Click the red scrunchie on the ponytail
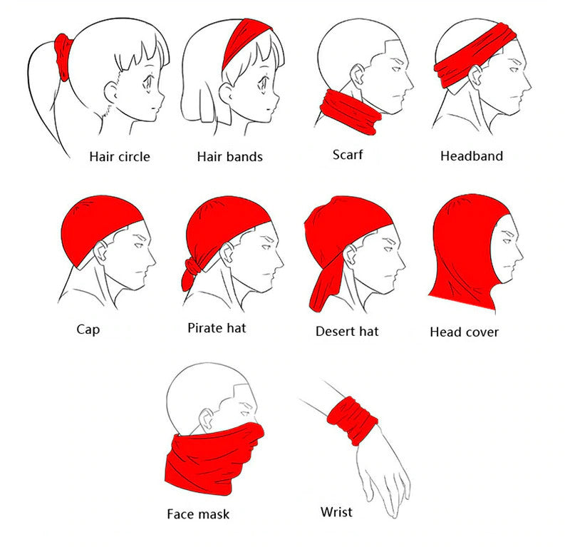[63, 58]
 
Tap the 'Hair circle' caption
[120, 157]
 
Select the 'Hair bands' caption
[229, 157]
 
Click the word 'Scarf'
[348, 155]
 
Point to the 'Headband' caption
[472, 156]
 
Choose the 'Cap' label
[88, 329]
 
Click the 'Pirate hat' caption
[217, 328]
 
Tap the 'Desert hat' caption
[347, 331]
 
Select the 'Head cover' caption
[465, 332]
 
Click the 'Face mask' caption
[198, 514]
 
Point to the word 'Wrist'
[336, 512]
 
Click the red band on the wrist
[352, 420]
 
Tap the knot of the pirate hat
[193, 267]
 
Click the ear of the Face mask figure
[207, 419]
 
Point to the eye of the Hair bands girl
[262, 83]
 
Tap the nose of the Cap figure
[152, 260]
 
